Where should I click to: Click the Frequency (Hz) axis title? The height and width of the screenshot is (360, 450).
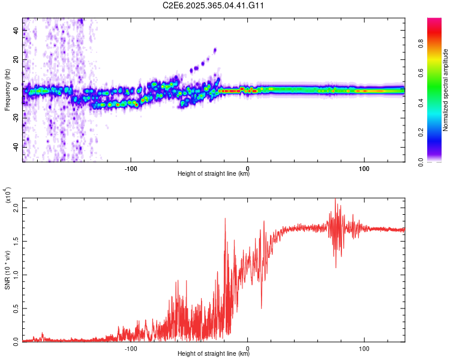[x=7, y=90]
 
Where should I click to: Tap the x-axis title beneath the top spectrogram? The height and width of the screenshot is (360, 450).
[x=214, y=174]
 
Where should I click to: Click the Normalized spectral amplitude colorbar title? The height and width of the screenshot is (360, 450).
[x=446, y=90]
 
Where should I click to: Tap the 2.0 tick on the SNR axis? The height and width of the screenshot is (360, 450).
[x=16, y=208]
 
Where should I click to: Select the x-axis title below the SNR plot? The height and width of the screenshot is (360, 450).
[x=214, y=353]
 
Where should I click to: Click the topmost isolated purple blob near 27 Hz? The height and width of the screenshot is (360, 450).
[x=215, y=50]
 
